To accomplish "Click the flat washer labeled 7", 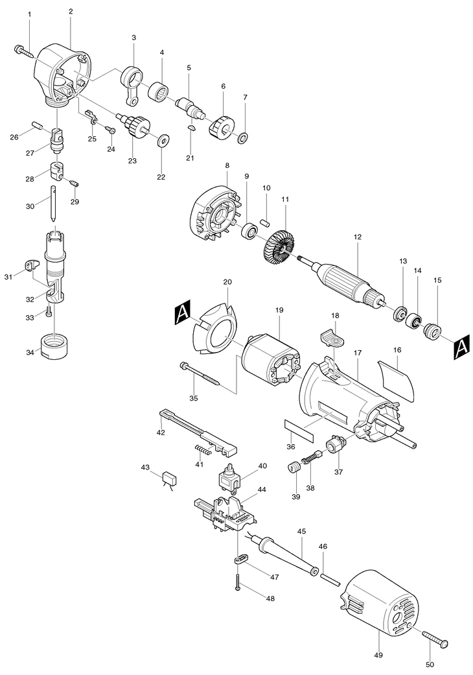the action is pos(244,138).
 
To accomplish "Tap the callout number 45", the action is pos(301,532).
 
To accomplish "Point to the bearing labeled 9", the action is pos(249,230).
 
